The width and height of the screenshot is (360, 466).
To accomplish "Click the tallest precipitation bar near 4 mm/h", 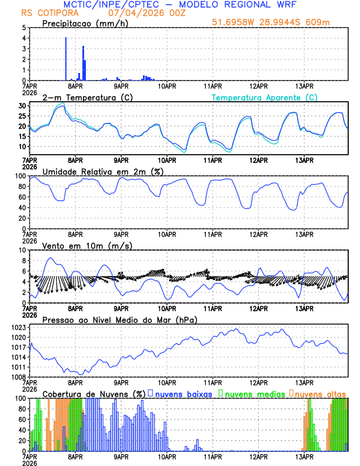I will point(65,59).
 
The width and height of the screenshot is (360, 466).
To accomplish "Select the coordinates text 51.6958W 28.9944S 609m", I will point(280,22).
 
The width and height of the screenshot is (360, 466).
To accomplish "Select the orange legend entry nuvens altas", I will point(320,393).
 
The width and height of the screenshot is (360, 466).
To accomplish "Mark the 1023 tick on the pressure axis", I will point(19,327).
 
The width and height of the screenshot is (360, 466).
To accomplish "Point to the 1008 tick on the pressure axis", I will point(19,377).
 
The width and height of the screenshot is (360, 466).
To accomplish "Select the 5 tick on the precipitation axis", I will point(24,28).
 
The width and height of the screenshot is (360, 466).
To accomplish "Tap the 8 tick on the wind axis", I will point(24,260).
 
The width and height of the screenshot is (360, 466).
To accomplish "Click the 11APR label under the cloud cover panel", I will point(212,456).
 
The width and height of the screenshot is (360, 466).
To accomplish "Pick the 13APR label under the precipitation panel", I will point(304,85).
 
